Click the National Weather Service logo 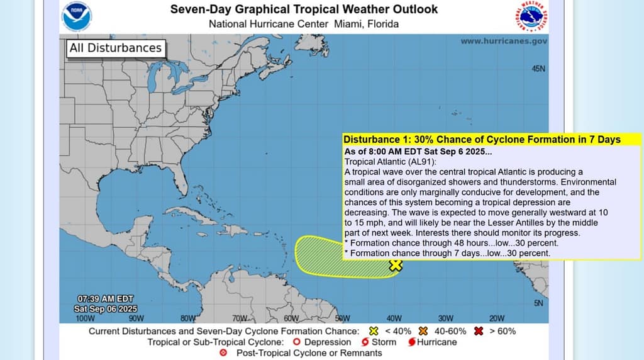(x=531, y=16)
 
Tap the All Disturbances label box (x=115, y=48)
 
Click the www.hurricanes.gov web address (x=503, y=41)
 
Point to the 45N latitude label (x=538, y=69)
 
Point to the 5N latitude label (x=538, y=303)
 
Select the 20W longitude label (x=497, y=318)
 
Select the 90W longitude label (x=136, y=318)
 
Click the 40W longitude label (x=394, y=318)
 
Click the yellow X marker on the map (x=395, y=266)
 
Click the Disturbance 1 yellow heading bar (x=482, y=140)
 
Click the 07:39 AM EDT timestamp (x=105, y=298)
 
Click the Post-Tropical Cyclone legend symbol (x=223, y=353)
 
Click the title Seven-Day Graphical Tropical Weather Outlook (x=304, y=9)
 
